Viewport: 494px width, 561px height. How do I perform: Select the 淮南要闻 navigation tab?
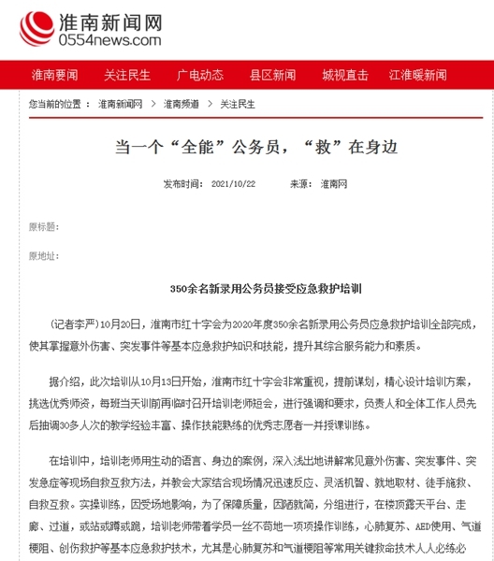54,75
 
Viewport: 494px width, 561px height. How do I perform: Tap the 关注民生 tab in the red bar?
126,75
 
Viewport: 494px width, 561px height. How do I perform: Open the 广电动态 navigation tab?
200,75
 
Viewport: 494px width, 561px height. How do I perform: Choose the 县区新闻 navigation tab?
272,75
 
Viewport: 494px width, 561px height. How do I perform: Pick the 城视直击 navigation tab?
345,75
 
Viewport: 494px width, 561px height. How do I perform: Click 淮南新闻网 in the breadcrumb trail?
120,104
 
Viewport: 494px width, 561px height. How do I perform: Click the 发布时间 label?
181,184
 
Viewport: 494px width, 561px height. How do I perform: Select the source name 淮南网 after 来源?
333,184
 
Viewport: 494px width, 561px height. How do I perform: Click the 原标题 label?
43,226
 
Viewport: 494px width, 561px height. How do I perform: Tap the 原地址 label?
43,255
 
